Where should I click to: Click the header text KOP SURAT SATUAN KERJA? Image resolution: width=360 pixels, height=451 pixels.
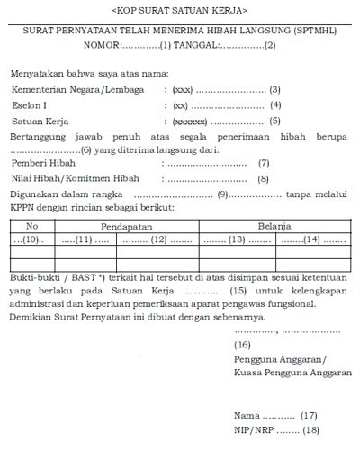(x=180, y=9)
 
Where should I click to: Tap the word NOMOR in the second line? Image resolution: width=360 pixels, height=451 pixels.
(x=99, y=43)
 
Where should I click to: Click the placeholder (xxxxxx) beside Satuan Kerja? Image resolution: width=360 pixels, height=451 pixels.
(x=190, y=121)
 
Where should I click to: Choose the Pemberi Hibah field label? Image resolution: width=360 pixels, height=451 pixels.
(x=44, y=164)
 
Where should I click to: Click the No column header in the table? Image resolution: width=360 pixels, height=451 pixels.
(x=32, y=225)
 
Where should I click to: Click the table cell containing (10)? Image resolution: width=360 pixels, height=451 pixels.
(x=32, y=240)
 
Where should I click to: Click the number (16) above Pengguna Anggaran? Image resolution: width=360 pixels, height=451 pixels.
(x=243, y=345)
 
